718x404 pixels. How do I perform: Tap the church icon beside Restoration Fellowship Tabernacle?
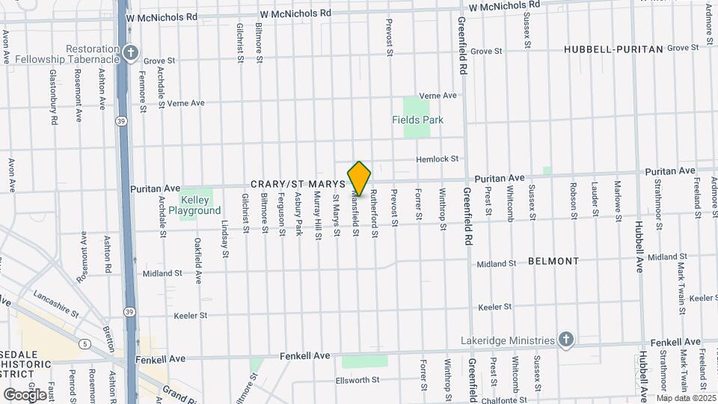132,52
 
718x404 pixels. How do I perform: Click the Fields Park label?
417,120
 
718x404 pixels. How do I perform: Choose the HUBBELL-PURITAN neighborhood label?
613,49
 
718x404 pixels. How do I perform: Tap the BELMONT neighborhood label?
553,261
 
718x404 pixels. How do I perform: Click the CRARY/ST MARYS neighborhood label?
298,183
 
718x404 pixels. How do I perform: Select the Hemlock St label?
437,159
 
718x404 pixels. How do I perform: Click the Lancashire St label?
55,302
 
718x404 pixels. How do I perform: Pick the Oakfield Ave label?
198,260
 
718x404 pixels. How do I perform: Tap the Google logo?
25,394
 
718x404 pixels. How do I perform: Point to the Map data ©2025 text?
685,397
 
